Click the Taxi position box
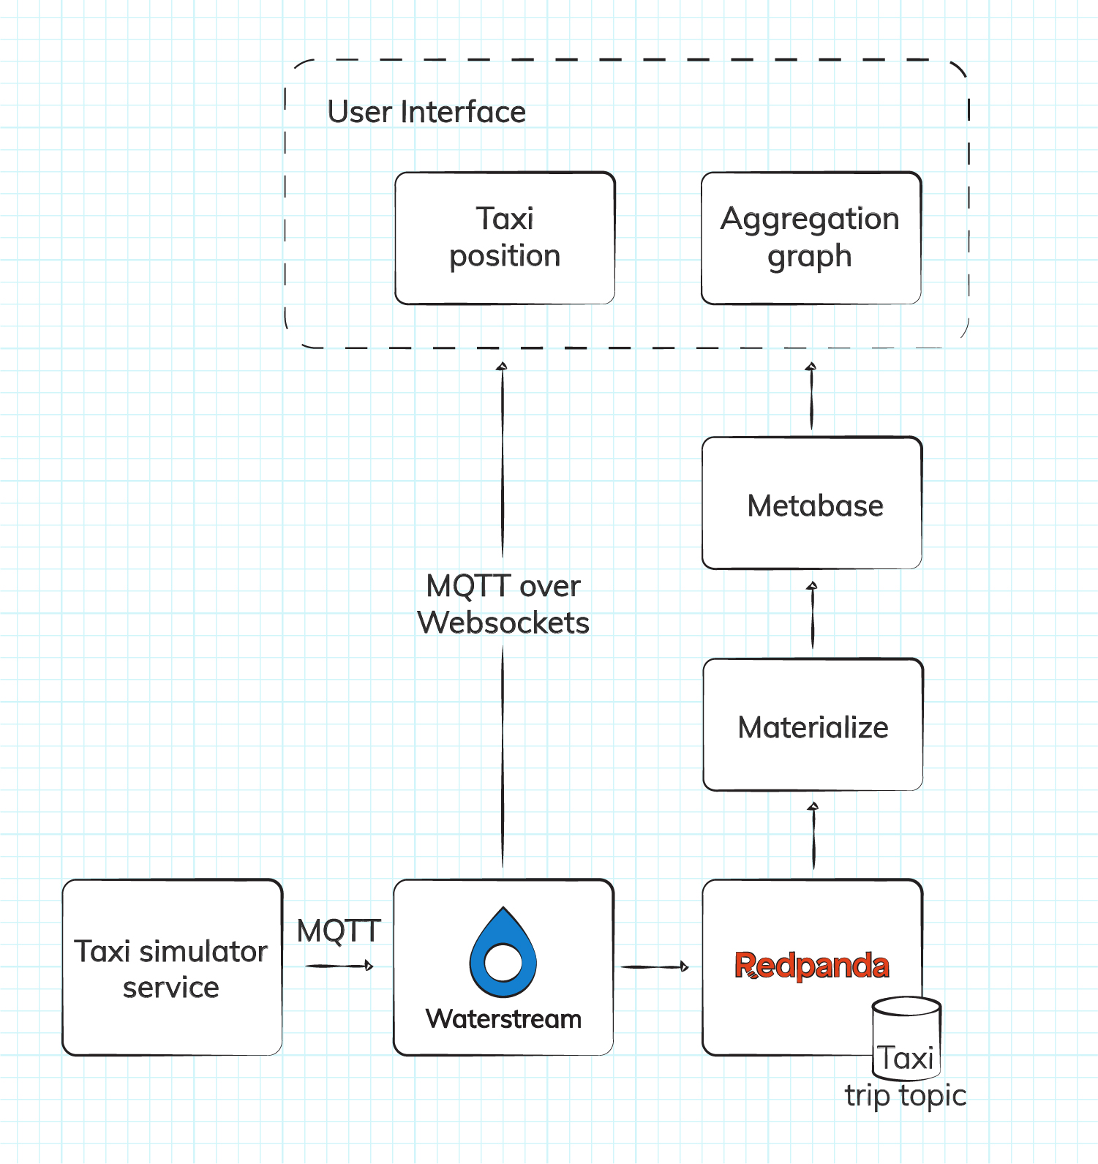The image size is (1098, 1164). click(505, 238)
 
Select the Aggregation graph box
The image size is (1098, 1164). click(811, 238)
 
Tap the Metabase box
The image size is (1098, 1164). click(812, 504)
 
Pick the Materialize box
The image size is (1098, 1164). click(812, 725)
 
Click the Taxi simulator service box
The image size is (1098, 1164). click(172, 967)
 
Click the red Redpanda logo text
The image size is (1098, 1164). click(811, 965)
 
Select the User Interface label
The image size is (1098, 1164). click(426, 112)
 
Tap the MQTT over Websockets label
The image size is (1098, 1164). click(503, 604)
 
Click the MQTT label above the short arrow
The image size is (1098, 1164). click(339, 931)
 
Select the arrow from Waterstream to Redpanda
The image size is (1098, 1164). click(654, 967)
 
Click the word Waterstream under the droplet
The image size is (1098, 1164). click(503, 1019)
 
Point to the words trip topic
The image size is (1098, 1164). click(905, 1095)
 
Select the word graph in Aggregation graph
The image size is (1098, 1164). click(809, 257)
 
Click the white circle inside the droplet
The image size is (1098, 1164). click(503, 962)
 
